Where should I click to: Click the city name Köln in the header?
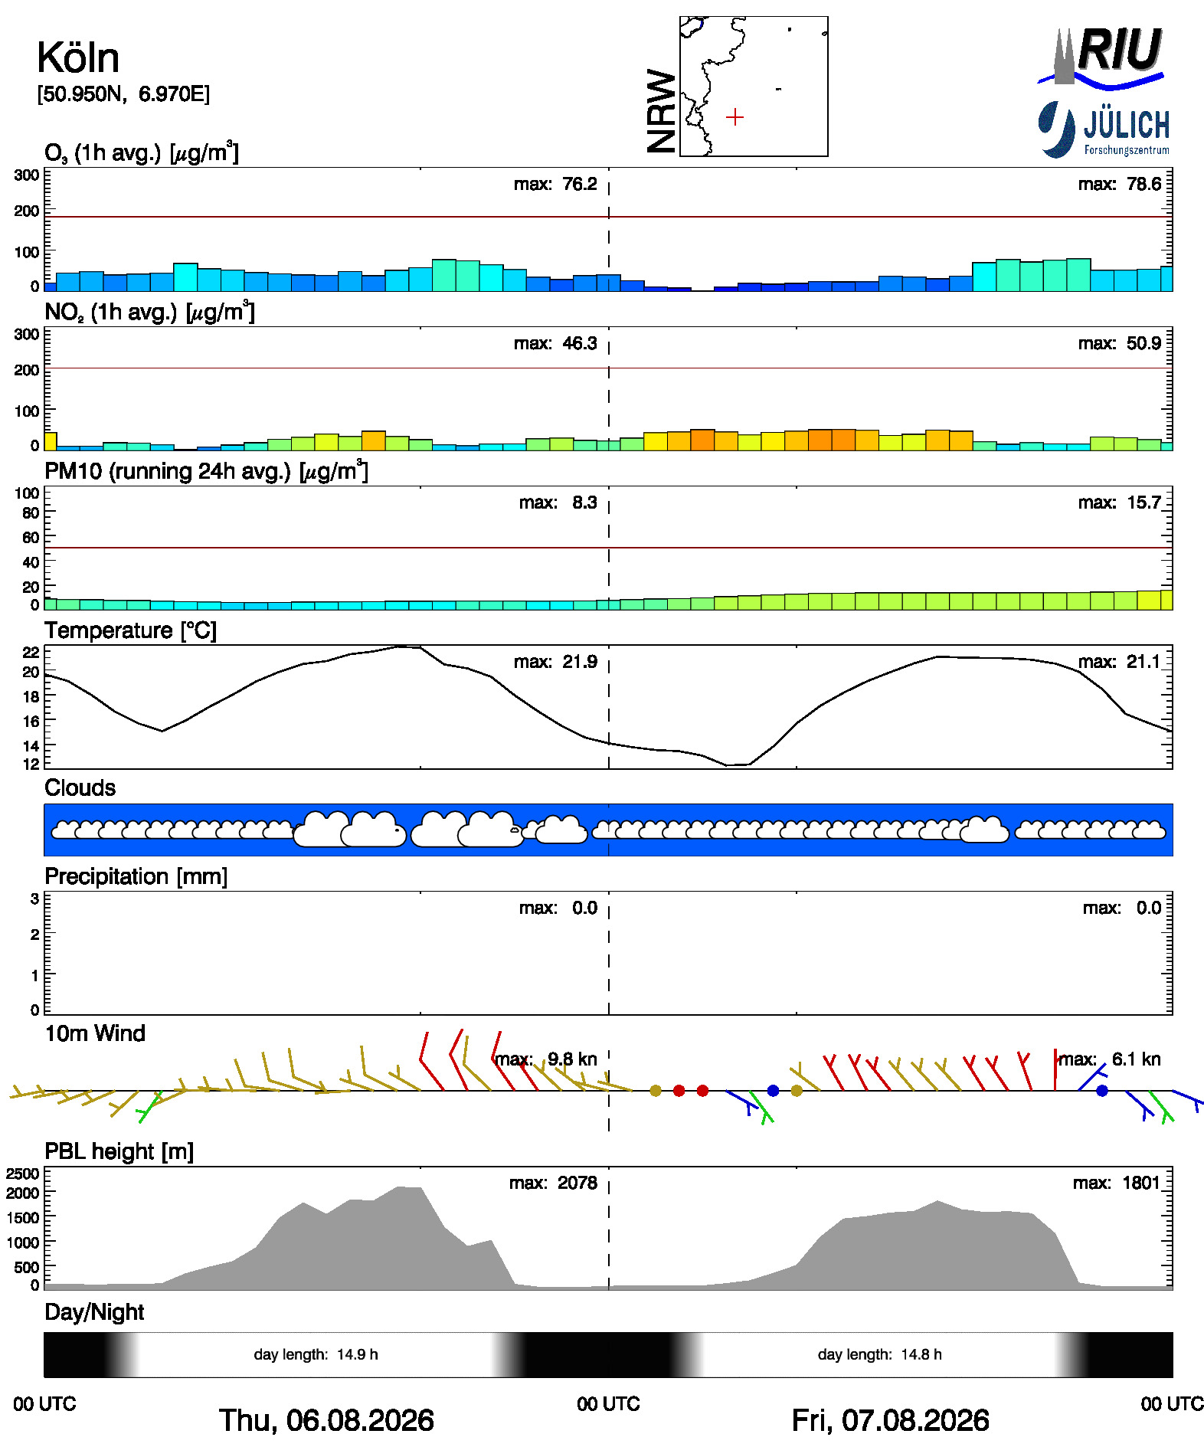tap(78, 57)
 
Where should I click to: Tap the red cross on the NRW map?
tap(735, 117)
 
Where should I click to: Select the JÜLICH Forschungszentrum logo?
tap(1104, 129)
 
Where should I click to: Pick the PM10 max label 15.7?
tap(1120, 503)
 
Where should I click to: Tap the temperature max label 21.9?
tap(555, 662)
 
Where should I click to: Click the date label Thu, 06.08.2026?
tap(326, 1420)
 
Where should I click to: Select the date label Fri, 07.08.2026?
tap(890, 1420)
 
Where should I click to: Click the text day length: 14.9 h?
tap(316, 1354)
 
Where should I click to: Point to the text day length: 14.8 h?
tap(879, 1354)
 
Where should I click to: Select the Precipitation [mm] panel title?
tap(136, 876)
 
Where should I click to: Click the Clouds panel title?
tap(80, 787)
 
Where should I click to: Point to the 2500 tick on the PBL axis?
tap(22, 1174)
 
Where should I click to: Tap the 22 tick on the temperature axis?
tap(31, 652)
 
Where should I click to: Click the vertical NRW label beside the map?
tap(662, 111)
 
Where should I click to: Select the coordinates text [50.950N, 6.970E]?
tap(123, 94)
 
